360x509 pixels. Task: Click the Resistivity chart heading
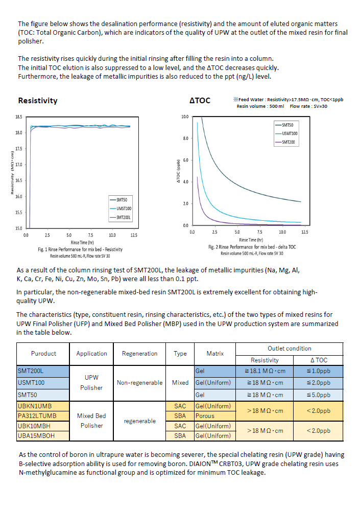pos(38,101)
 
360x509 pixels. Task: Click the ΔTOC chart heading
pos(200,101)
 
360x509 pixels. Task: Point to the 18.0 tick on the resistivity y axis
pos(19,132)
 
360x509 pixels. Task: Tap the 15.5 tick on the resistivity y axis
pos(19,212)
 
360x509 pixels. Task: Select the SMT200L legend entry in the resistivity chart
pos(121,217)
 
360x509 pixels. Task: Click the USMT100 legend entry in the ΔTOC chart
pos(286,133)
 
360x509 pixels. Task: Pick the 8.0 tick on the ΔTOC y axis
pos(185,138)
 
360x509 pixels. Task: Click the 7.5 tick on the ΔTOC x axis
pos(260,232)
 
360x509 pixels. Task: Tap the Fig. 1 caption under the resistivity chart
pos(80,249)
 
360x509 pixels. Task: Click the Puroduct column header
pos(43,354)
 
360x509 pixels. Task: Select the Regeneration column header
pos(139,354)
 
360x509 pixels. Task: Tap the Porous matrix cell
pos(205,416)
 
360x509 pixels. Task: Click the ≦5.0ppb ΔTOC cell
pos(319,395)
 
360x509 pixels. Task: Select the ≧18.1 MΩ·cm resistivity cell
pos(265,371)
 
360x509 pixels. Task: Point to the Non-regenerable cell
pos(139,383)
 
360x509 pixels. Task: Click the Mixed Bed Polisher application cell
pos(91,421)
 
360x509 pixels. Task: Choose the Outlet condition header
pos(290,349)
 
